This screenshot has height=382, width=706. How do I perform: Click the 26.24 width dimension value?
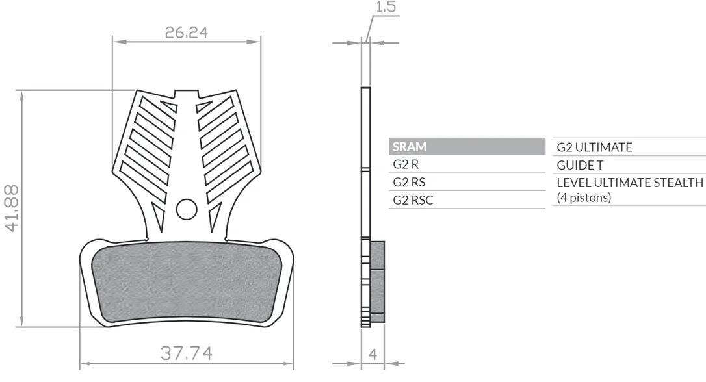[187, 32]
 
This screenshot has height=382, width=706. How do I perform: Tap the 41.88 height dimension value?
[12, 209]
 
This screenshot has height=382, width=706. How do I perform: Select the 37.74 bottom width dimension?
[187, 353]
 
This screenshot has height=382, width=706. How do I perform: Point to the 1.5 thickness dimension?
[386, 6]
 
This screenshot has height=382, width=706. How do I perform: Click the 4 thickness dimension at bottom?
[373, 354]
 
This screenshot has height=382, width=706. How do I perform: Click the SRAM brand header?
[410, 147]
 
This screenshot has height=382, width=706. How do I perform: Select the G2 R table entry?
[406, 164]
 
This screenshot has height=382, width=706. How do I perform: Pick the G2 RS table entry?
[409, 182]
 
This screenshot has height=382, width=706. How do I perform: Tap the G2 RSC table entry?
[413, 200]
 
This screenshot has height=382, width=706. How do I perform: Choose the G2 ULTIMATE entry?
[594, 147]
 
